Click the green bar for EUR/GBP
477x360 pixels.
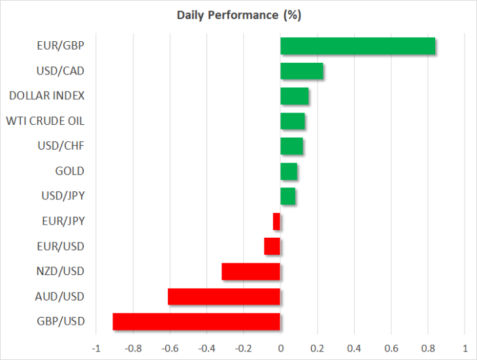click(x=358, y=46)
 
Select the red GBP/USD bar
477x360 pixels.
click(x=196, y=321)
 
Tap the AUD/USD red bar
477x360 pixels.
click(x=224, y=297)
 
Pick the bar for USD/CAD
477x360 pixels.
click(x=302, y=71)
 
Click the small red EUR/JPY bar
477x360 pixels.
click(x=276, y=221)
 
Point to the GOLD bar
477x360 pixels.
click(x=289, y=171)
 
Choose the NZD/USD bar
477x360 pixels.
click(x=251, y=272)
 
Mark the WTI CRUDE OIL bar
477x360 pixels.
click(x=293, y=121)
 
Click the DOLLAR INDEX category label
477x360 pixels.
click(x=46, y=96)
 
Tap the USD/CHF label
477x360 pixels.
click(x=61, y=146)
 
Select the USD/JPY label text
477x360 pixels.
click(x=63, y=196)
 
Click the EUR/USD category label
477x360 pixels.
click(x=61, y=246)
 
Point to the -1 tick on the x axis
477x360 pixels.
click(x=96, y=348)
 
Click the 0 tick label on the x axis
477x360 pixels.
click(x=281, y=348)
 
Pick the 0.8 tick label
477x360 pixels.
click(x=428, y=348)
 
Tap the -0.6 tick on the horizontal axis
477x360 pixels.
click(x=170, y=348)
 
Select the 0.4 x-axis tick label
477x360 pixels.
click(x=354, y=348)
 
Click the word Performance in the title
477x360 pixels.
click(x=243, y=15)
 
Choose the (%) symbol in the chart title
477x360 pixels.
click(x=292, y=15)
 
